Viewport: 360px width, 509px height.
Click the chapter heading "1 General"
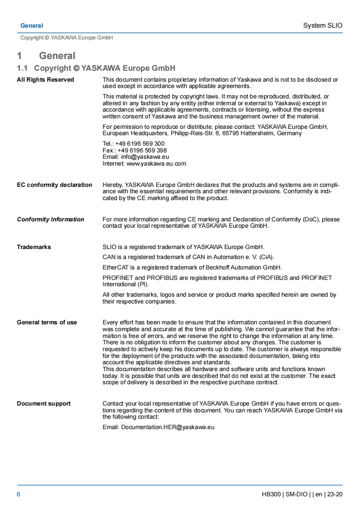[x=46, y=56]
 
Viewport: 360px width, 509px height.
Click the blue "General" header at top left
[x=32, y=26]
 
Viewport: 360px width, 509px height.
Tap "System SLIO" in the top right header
[x=323, y=25]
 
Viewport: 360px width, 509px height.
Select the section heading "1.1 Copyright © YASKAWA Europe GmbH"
[x=96, y=68]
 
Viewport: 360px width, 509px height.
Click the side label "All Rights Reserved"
[x=45, y=80]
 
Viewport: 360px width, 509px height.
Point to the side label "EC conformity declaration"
[x=54, y=185]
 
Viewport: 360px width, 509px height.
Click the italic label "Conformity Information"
[x=50, y=220]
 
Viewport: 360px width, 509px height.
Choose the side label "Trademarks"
[x=34, y=247]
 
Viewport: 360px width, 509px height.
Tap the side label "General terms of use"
[x=47, y=323]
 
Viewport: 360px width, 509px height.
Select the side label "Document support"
[x=44, y=404]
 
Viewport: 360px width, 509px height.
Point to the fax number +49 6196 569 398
[x=142, y=150]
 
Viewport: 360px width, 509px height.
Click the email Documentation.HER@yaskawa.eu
[x=168, y=427]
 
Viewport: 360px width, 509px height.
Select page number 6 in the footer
[x=19, y=494]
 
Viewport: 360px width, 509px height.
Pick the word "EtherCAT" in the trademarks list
[x=115, y=267]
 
